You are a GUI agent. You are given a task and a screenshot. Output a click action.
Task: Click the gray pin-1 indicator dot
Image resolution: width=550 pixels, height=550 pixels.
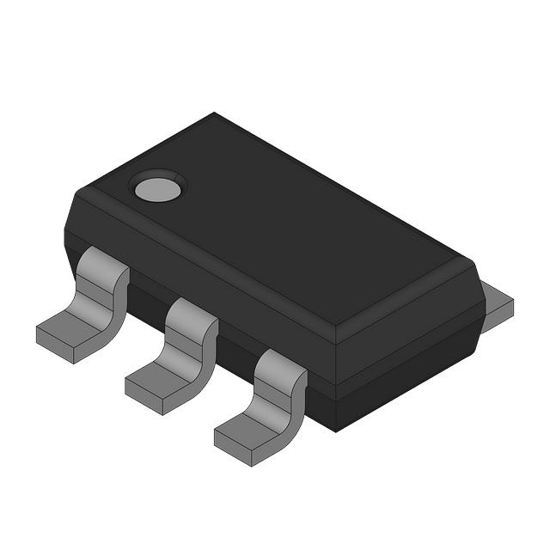pos(157,187)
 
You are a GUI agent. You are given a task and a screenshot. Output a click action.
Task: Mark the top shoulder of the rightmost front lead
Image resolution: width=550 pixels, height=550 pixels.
pos(280,361)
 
